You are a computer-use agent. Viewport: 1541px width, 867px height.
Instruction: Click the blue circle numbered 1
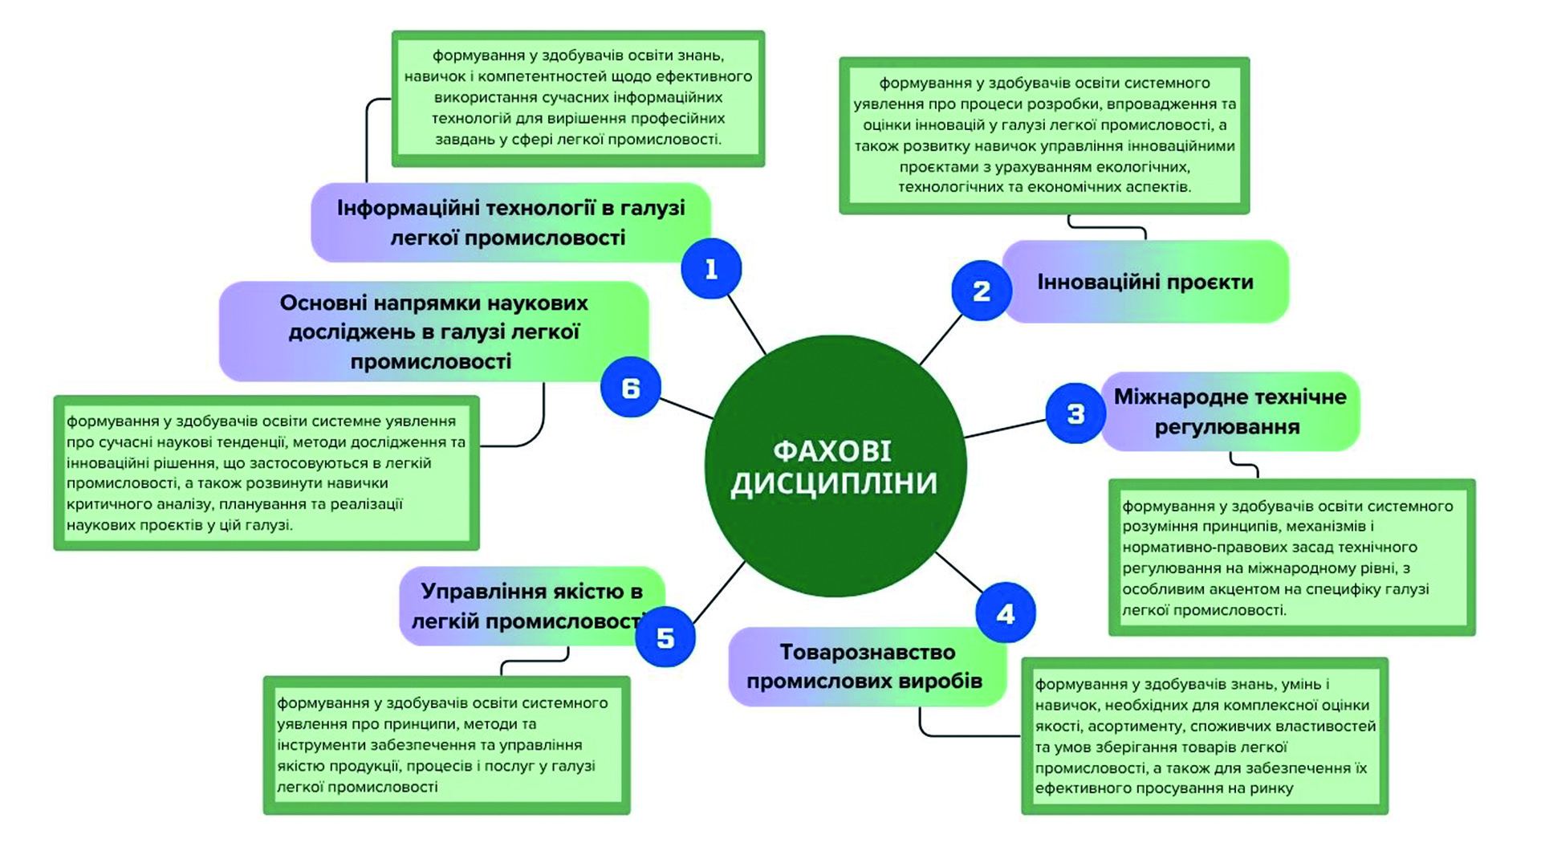tap(711, 268)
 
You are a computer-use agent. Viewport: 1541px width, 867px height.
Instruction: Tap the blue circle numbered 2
tap(982, 291)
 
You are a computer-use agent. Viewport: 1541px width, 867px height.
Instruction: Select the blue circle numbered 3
tap(1075, 413)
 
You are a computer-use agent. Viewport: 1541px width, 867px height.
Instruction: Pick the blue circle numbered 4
tap(1006, 613)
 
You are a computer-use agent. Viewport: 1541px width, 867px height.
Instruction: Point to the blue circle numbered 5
tap(665, 637)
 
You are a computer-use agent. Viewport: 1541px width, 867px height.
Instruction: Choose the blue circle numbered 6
tap(631, 387)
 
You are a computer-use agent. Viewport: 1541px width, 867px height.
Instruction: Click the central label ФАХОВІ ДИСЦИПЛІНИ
tap(834, 467)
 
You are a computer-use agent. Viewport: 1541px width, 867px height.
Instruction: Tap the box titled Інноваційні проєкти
tap(1145, 282)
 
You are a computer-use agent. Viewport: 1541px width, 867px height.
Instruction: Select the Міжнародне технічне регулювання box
tap(1230, 411)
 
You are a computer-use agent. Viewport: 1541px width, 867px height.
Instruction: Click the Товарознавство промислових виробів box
tap(867, 666)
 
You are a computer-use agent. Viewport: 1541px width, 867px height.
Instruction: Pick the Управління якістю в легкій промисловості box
tap(532, 606)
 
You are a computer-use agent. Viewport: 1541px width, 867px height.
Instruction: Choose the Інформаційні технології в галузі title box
tap(510, 222)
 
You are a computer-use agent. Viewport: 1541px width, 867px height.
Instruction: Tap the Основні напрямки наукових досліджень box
tap(433, 332)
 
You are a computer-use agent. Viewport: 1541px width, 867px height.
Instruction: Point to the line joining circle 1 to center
tap(746, 324)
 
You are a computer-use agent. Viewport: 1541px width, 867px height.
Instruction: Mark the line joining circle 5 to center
tap(719, 592)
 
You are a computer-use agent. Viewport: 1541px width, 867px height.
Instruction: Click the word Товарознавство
tap(868, 652)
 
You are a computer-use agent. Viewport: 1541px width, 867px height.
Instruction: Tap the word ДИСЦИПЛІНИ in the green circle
tap(834, 484)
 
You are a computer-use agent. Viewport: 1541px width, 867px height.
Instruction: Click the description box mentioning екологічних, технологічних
tap(1044, 135)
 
